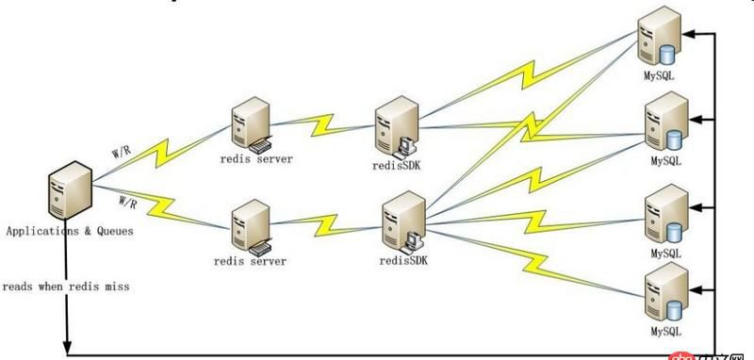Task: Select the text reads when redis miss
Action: pos(65,285)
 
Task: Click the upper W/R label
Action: pos(122,150)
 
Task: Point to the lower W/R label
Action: pos(128,201)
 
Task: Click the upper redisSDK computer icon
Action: pos(395,127)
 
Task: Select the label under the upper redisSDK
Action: pos(398,166)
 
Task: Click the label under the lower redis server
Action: pos(250,261)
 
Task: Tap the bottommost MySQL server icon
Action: pos(663,294)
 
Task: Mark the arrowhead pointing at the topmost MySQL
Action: pos(692,35)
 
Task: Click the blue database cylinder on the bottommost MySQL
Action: pos(673,308)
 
